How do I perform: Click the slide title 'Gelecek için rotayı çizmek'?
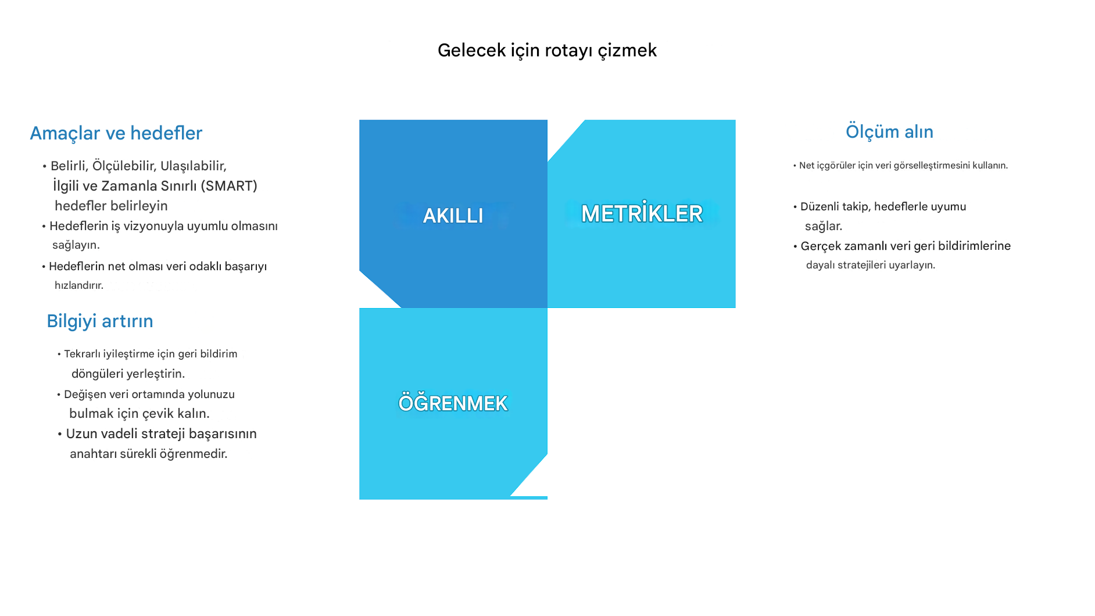[547, 51]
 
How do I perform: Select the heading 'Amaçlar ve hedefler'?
[116, 133]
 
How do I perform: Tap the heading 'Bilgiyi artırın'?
[100, 321]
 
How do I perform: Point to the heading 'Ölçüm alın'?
[889, 131]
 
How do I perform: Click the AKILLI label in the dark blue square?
[453, 216]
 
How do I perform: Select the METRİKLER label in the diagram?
[642, 213]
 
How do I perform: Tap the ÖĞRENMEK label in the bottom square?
[453, 402]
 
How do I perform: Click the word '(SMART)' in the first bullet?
[229, 186]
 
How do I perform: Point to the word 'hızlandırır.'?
[79, 285]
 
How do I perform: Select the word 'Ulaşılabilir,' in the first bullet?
[194, 166]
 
